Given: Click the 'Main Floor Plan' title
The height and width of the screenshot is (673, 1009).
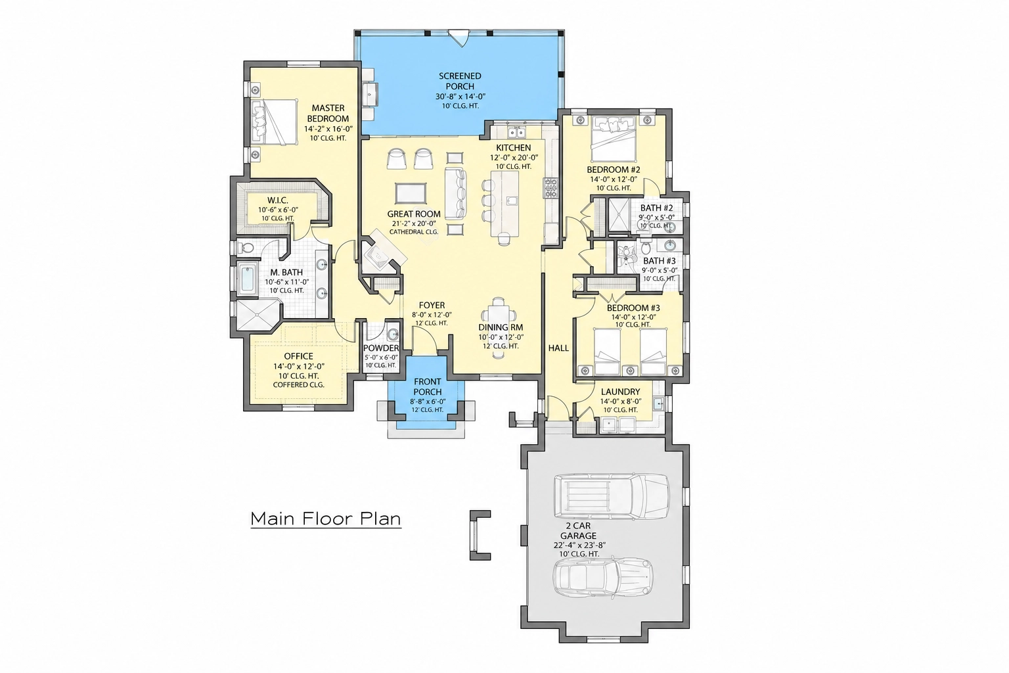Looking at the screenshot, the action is tap(326, 519).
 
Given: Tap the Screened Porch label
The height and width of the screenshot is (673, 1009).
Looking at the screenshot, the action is tap(460, 81).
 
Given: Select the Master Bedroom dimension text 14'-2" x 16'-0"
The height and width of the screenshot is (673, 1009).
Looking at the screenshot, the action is tap(328, 128).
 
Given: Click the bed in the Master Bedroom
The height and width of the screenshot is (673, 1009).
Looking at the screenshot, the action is tap(275, 122).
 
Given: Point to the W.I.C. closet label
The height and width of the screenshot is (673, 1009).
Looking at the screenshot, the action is tap(277, 200).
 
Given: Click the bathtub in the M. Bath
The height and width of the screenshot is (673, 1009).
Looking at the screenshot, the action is tap(248, 279).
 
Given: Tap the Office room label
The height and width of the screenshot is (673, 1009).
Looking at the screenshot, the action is tap(299, 356).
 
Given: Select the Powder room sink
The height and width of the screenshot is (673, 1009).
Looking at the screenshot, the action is tap(393, 335).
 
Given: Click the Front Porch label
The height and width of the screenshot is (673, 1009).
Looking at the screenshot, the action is tap(428, 386).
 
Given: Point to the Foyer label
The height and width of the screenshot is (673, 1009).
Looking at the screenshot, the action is tap(432, 305).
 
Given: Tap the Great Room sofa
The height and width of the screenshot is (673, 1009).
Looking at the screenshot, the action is tap(456, 194).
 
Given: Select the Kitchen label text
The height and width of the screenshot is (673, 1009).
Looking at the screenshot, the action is tap(514, 148).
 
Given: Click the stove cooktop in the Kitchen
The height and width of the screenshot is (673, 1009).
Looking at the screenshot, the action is tap(551, 188).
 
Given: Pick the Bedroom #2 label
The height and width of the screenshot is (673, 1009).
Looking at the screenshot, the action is tap(614, 170).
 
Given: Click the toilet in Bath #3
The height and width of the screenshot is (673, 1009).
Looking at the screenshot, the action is tap(646, 248).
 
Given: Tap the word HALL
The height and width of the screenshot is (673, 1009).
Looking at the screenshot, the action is tap(558, 348).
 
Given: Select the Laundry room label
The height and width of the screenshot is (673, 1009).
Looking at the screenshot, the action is tap(620, 392).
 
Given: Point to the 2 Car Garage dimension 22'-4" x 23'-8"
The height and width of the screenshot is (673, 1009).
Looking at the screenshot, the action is tap(579, 545).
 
